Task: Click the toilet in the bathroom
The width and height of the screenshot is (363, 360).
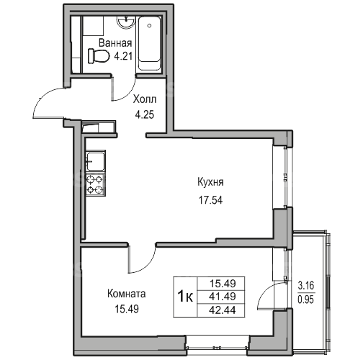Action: pyautogui.click(x=99, y=56)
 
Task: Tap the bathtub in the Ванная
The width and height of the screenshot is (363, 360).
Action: pyautogui.click(x=149, y=43)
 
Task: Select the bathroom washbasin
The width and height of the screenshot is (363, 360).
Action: pyautogui.click(x=125, y=22)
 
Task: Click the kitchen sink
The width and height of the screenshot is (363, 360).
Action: pyautogui.click(x=96, y=161)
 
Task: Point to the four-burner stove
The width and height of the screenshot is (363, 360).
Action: pyautogui.click(x=96, y=184)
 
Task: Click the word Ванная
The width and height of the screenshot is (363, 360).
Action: pyautogui.click(x=115, y=43)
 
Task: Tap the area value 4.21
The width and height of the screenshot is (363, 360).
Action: pyautogui.click(x=123, y=56)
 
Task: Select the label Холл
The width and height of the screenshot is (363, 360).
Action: pyautogui.click(x=145, y=99)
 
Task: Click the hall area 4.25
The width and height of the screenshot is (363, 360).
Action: pyautogui.click(x=145, y=114)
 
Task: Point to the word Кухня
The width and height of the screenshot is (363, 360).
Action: pyautogui.click(x=210, y=182)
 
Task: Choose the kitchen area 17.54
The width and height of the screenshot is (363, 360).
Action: pyautogui.click(x=210, y=200)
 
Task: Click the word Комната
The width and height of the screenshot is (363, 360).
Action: pyautogui.click(x=127, y=294)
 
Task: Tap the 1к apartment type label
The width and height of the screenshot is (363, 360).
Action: pyautogui.click(x=185, y=297)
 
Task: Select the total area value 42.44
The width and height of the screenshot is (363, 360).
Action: pyautogui.click(x=223, y=310)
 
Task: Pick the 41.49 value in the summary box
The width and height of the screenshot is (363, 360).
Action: pyautogui.click(x=223, y=297)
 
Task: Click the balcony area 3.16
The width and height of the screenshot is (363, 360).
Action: pyautogui.click(x=306, y=286)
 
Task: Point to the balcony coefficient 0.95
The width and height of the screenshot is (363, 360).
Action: pyautogui.click(x=306, y=300)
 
